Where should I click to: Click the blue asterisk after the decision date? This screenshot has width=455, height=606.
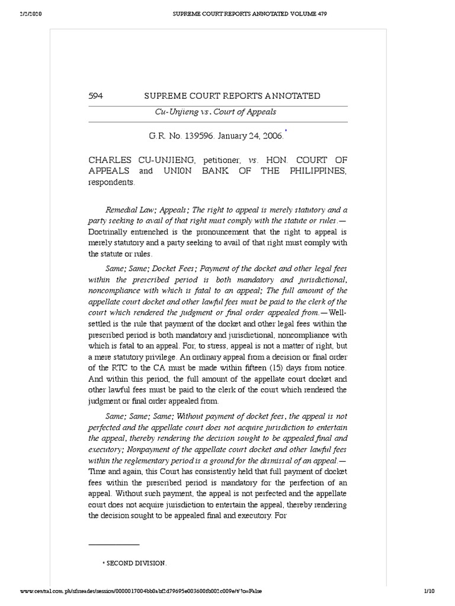(287, 131)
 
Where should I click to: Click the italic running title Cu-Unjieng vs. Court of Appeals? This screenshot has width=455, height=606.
(216, 111)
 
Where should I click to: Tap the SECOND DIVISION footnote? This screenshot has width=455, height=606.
(136, 563)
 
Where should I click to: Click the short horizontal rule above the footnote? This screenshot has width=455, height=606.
(114, 544)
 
